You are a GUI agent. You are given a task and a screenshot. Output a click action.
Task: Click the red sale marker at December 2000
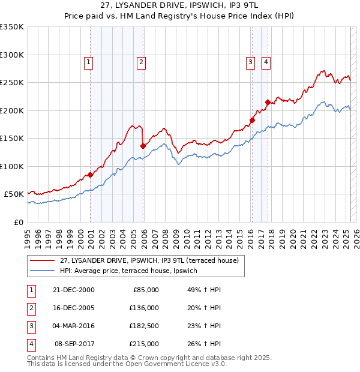(x=90, y=175)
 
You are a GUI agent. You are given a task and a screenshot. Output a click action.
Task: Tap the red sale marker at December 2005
(x=143, y=146)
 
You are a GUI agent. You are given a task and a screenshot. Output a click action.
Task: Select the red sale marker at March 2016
(x=252, y=120)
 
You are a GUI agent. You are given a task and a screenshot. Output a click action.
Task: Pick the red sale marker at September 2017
(x=268, y=102)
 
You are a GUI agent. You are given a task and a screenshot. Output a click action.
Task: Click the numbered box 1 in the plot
(x=89, y=61)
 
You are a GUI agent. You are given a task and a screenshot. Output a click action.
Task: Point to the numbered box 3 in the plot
(x=249, y=61)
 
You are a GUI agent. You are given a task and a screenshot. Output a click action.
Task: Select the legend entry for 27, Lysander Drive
(x=149, y=260)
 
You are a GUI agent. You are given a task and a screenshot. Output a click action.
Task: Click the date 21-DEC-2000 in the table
(x=74, y=290)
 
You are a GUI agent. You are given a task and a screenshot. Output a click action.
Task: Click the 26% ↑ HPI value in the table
(x=204, y=344)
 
